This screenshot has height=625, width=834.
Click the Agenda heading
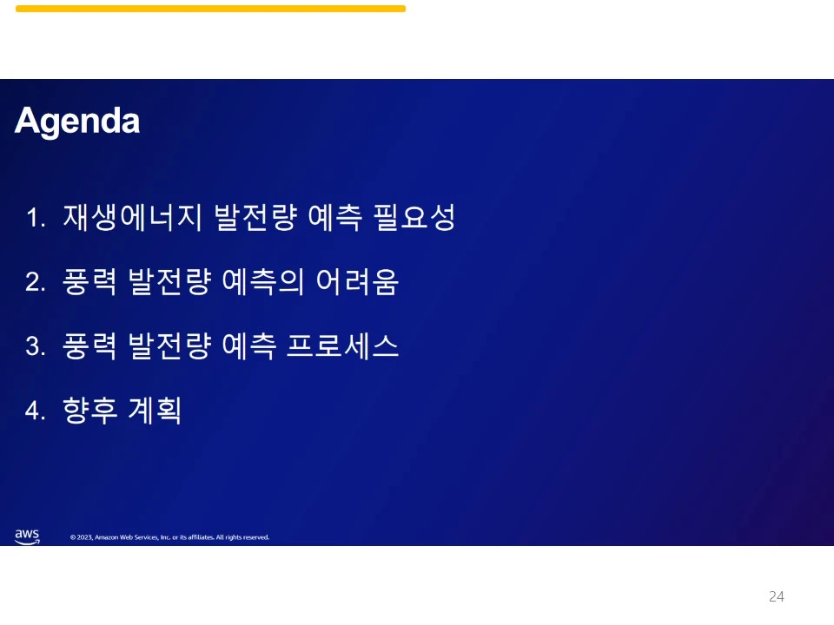point(77,122)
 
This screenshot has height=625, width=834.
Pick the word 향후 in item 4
point(89,411)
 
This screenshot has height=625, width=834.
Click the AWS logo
point(27,536)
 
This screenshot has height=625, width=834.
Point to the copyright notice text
point(169,537)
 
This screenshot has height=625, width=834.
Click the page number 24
point(776,596)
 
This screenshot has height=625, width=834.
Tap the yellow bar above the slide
point(210,9)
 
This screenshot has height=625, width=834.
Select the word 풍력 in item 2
point(89,282)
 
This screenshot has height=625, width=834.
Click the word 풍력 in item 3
point(89,346)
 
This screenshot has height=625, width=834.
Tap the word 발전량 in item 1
point(244,218)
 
